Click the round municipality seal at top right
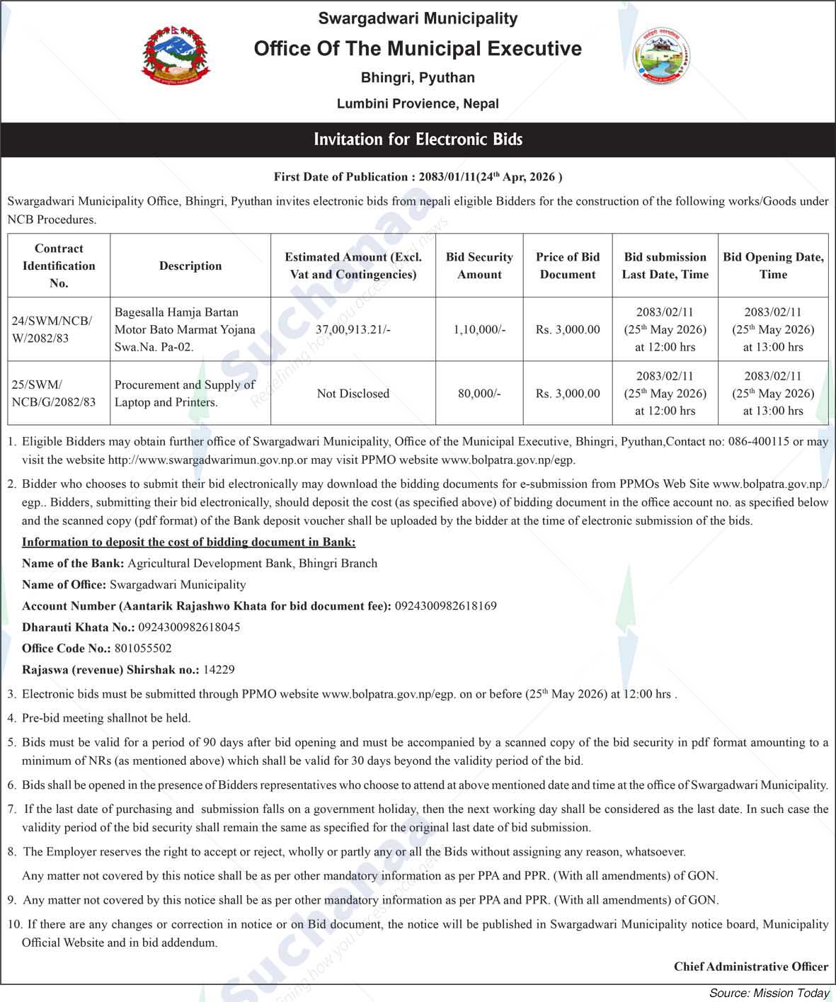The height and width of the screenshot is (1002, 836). pyautogui.click(x=661, y=56)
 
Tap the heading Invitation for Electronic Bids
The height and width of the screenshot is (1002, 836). pyautogui.click(x=418, y=139)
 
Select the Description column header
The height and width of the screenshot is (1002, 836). pyautogui.click(x=190, y=266)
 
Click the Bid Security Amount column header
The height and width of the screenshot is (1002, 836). pyautogui.click(x=479, y=266)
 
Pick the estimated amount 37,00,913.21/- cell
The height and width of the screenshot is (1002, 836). pyautogui.click(x=353, y=329)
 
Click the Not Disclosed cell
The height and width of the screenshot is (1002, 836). pyautogui.click(x=353, y=393)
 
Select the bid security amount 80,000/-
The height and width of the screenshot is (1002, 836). pyautogui.click(x=479, y=393)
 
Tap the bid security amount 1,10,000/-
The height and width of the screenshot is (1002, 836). pyautogui.click(x=479, y=329)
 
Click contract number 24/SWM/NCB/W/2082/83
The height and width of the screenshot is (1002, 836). pyautogui.click(x=52, y=329)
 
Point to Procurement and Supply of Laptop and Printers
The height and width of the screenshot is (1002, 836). pyautogui.click(x=185, y=393)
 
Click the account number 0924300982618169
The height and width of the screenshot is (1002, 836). pyautogui.click(x=445, y=605)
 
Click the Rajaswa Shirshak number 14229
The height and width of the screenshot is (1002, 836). pyautogui.click(x=218, y=669)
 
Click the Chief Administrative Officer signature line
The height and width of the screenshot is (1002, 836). pyautogui.click(x=750, y=966)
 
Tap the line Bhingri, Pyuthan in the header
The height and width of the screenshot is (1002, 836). pyautogui.click(x=418, y=77)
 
